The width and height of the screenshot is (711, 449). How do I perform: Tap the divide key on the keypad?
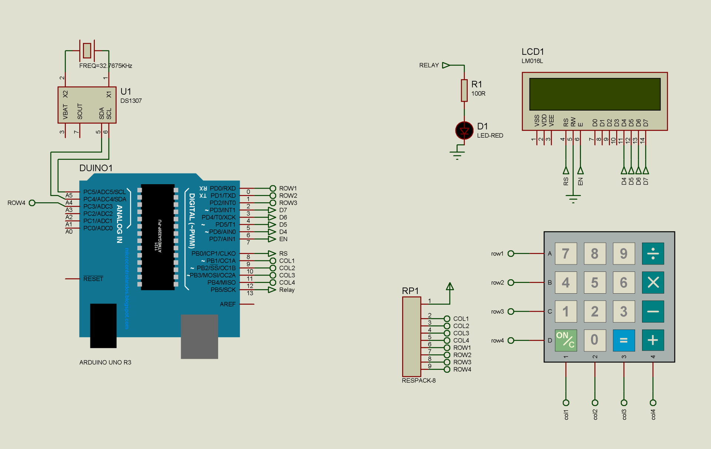(x=652, y=254)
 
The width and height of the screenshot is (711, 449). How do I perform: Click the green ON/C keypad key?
(x=565, y=340)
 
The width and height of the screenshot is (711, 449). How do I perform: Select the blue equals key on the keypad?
(x=624, y=340)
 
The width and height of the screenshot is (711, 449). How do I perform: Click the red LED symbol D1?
(x=464, y=131)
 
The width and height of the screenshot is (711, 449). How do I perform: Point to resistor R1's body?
(x=464, y=90)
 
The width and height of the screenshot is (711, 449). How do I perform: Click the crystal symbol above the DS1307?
(x=87, y=51)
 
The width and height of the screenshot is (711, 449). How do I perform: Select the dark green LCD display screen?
(x=595, y=94)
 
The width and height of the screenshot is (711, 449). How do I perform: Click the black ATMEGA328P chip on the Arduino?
(x=158, y=237)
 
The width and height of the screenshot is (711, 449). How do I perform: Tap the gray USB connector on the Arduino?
(x=199, y=336)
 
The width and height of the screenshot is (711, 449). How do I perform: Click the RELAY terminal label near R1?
(x=429, y=65)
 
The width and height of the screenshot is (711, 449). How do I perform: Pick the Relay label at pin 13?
(x=287, y=290)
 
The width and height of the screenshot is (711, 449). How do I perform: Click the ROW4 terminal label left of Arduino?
(x=16, y=203)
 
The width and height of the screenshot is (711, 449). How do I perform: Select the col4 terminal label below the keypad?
(x=653, y=414)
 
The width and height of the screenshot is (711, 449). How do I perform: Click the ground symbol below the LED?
(x=457, y=154)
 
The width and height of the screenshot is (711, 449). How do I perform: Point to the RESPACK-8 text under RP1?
(x=418, y=381)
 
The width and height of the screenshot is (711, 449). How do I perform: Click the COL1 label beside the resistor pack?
(x=461, y=319)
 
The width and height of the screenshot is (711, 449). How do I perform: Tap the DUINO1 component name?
(x=96, y=168)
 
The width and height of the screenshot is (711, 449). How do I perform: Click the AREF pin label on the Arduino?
(x=227, y=304)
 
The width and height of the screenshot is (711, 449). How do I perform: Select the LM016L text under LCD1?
(x=532, y=61)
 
